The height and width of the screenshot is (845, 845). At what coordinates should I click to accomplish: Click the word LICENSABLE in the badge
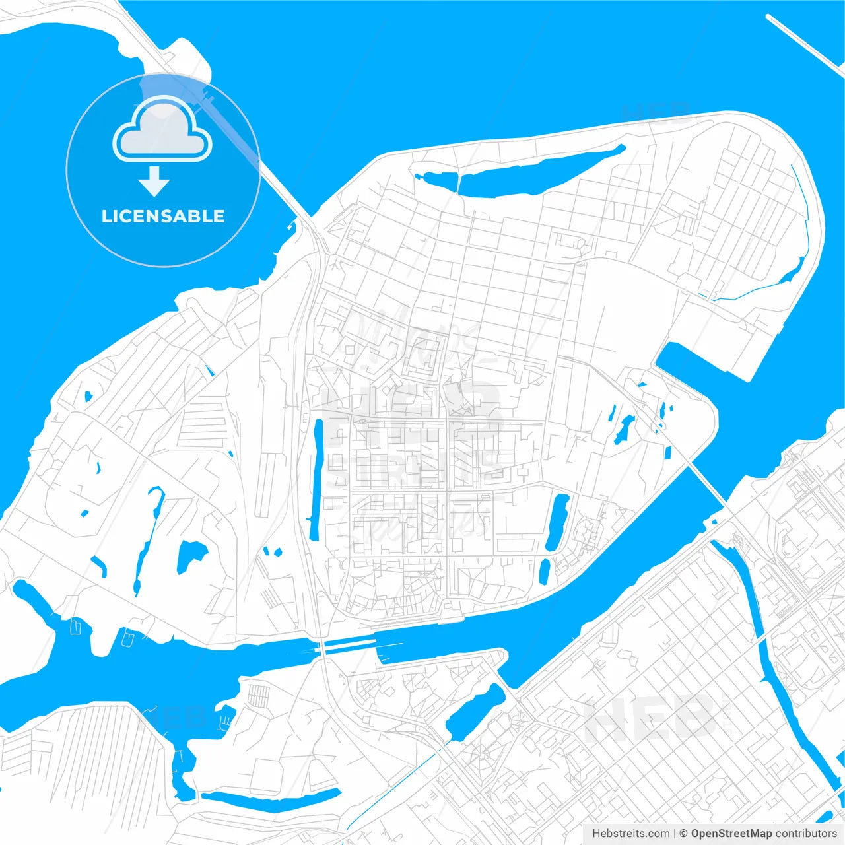click(x=163, y=216)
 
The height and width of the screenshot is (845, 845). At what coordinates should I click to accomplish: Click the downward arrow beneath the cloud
click(x=154, y=182)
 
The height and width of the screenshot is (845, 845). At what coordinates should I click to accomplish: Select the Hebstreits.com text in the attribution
click(x=630, y=834)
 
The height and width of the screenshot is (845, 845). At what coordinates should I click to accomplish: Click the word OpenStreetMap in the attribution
click(x=731, y=834)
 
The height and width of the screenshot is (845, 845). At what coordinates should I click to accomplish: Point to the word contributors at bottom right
click(x=806, y=834)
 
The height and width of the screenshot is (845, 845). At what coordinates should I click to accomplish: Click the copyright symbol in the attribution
click(x=683, y=834)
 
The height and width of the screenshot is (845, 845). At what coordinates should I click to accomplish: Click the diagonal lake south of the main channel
click(x=475, y=712)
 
